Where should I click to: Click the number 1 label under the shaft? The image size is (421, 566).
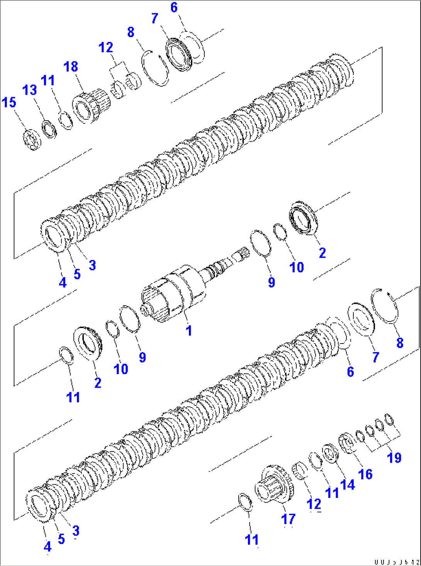(188, 331)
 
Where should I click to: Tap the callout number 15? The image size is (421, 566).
(9, 103)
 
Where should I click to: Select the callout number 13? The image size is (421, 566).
(30, 90)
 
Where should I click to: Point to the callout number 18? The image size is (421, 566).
(71, 67)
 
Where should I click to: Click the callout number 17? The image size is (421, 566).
(288, 519)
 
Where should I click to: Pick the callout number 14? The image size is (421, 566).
(348, 484)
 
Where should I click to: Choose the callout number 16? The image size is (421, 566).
(365, 474)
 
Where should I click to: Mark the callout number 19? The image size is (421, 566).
(394, 458)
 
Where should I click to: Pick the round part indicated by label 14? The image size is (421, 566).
(331, 453)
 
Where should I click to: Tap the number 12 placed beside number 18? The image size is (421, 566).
(106, 48)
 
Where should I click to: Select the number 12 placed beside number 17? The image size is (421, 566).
(314, 504)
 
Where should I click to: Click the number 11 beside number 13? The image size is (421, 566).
(48, 80)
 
